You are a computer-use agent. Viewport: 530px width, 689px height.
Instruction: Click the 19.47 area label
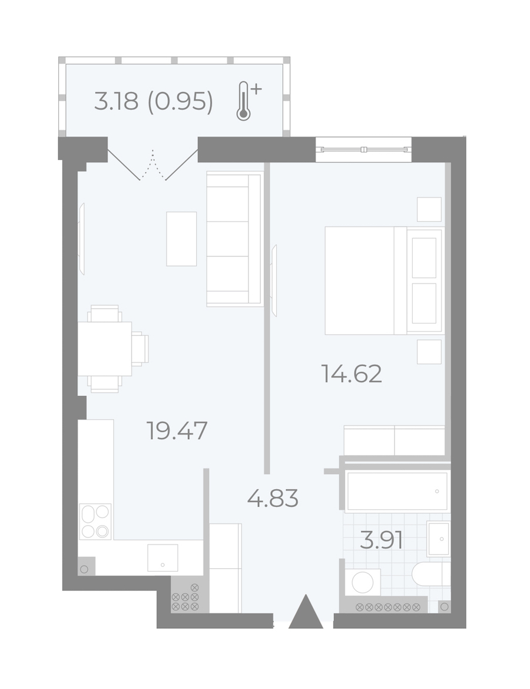click(x=177, y=431)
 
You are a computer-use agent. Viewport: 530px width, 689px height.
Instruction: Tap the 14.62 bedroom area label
click(x=352, y=374)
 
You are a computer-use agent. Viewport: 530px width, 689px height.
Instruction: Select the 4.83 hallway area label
click(x=273, y=498)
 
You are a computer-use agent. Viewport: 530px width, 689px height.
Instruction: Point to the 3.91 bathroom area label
click(x=381, y=540)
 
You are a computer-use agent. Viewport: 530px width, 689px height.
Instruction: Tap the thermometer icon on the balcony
click(x=247, y=101)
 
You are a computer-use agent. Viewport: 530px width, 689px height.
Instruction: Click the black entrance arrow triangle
click(x=306, y=611)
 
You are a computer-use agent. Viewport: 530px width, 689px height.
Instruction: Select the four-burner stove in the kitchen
click(x=95, y=522)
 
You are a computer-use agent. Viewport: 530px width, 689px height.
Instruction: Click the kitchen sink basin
click(x=163, y=558)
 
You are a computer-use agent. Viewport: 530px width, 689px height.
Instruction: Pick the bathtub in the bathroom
click(x=396, y=492)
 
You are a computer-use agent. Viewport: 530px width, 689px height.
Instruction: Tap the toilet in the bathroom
click(x=431, y=574)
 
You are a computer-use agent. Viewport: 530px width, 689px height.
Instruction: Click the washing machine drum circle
click(x=363, y=582)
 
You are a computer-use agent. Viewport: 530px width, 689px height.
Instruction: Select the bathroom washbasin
click(x=438, y=539)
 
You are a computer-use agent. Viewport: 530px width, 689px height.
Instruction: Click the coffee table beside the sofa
click(x=181, y=239)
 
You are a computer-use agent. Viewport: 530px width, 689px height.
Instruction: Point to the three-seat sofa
click(x=234, y=239)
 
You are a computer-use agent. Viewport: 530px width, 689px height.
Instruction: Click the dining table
click(x=105, y=349)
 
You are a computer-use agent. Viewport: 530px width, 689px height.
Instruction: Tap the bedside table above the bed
click(x=429, y=209)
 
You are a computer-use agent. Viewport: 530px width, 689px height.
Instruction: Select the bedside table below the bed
click(x=429, y=351)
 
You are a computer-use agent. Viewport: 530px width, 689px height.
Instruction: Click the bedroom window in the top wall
click(x=363, y=149)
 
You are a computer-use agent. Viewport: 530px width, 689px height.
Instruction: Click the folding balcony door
click(x=153, y=165)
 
